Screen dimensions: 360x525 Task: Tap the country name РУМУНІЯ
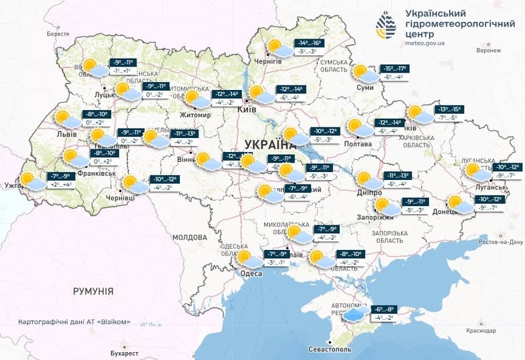[x=93, y=291]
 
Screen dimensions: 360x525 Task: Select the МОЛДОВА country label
[x=190, y=237]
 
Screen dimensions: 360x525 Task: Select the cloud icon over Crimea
[x=355, y=313]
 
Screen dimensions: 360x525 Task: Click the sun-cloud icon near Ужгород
[x=30, y=181]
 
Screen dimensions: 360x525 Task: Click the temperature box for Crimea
[x=386, y=313]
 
